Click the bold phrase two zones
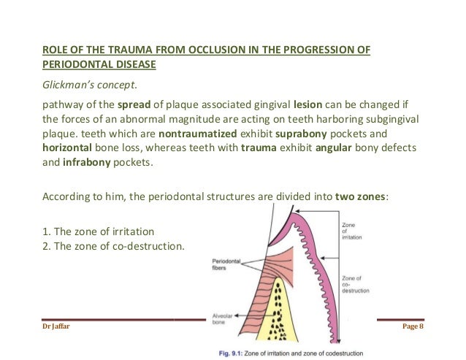[x=361, y=196]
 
